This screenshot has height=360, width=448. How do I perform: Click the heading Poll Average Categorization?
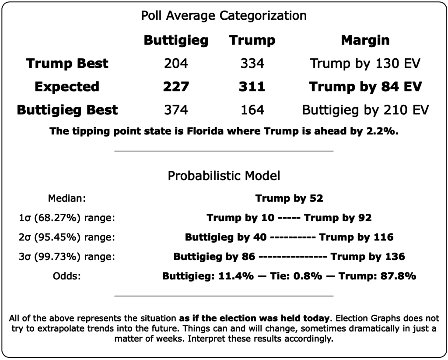click(x=224, y=16)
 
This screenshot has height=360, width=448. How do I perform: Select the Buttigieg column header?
click(x=176, y=41)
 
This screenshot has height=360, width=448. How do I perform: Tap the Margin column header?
click(x=365, y=41)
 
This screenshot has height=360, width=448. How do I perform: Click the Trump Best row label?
click(x=67, y=64)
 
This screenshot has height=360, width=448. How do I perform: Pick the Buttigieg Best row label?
click(x=67, y=109)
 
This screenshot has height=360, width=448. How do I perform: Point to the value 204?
click(x=176, y=64)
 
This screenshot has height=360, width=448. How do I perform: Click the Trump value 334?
click(x=252, y=64)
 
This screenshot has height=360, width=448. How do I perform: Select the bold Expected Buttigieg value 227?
click(x=176, y=87)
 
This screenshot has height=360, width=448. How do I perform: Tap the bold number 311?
click(x=252, y=87)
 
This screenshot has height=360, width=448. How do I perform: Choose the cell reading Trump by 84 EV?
click(x=365, y=87)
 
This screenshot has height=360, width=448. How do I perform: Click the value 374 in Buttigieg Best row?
click(x=176, y=109)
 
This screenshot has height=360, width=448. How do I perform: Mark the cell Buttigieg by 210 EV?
click(x=365, y=109)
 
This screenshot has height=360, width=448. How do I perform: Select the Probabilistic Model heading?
click(x=224, y=176)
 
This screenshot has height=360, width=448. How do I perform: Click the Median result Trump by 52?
click(x=289, y=198)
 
